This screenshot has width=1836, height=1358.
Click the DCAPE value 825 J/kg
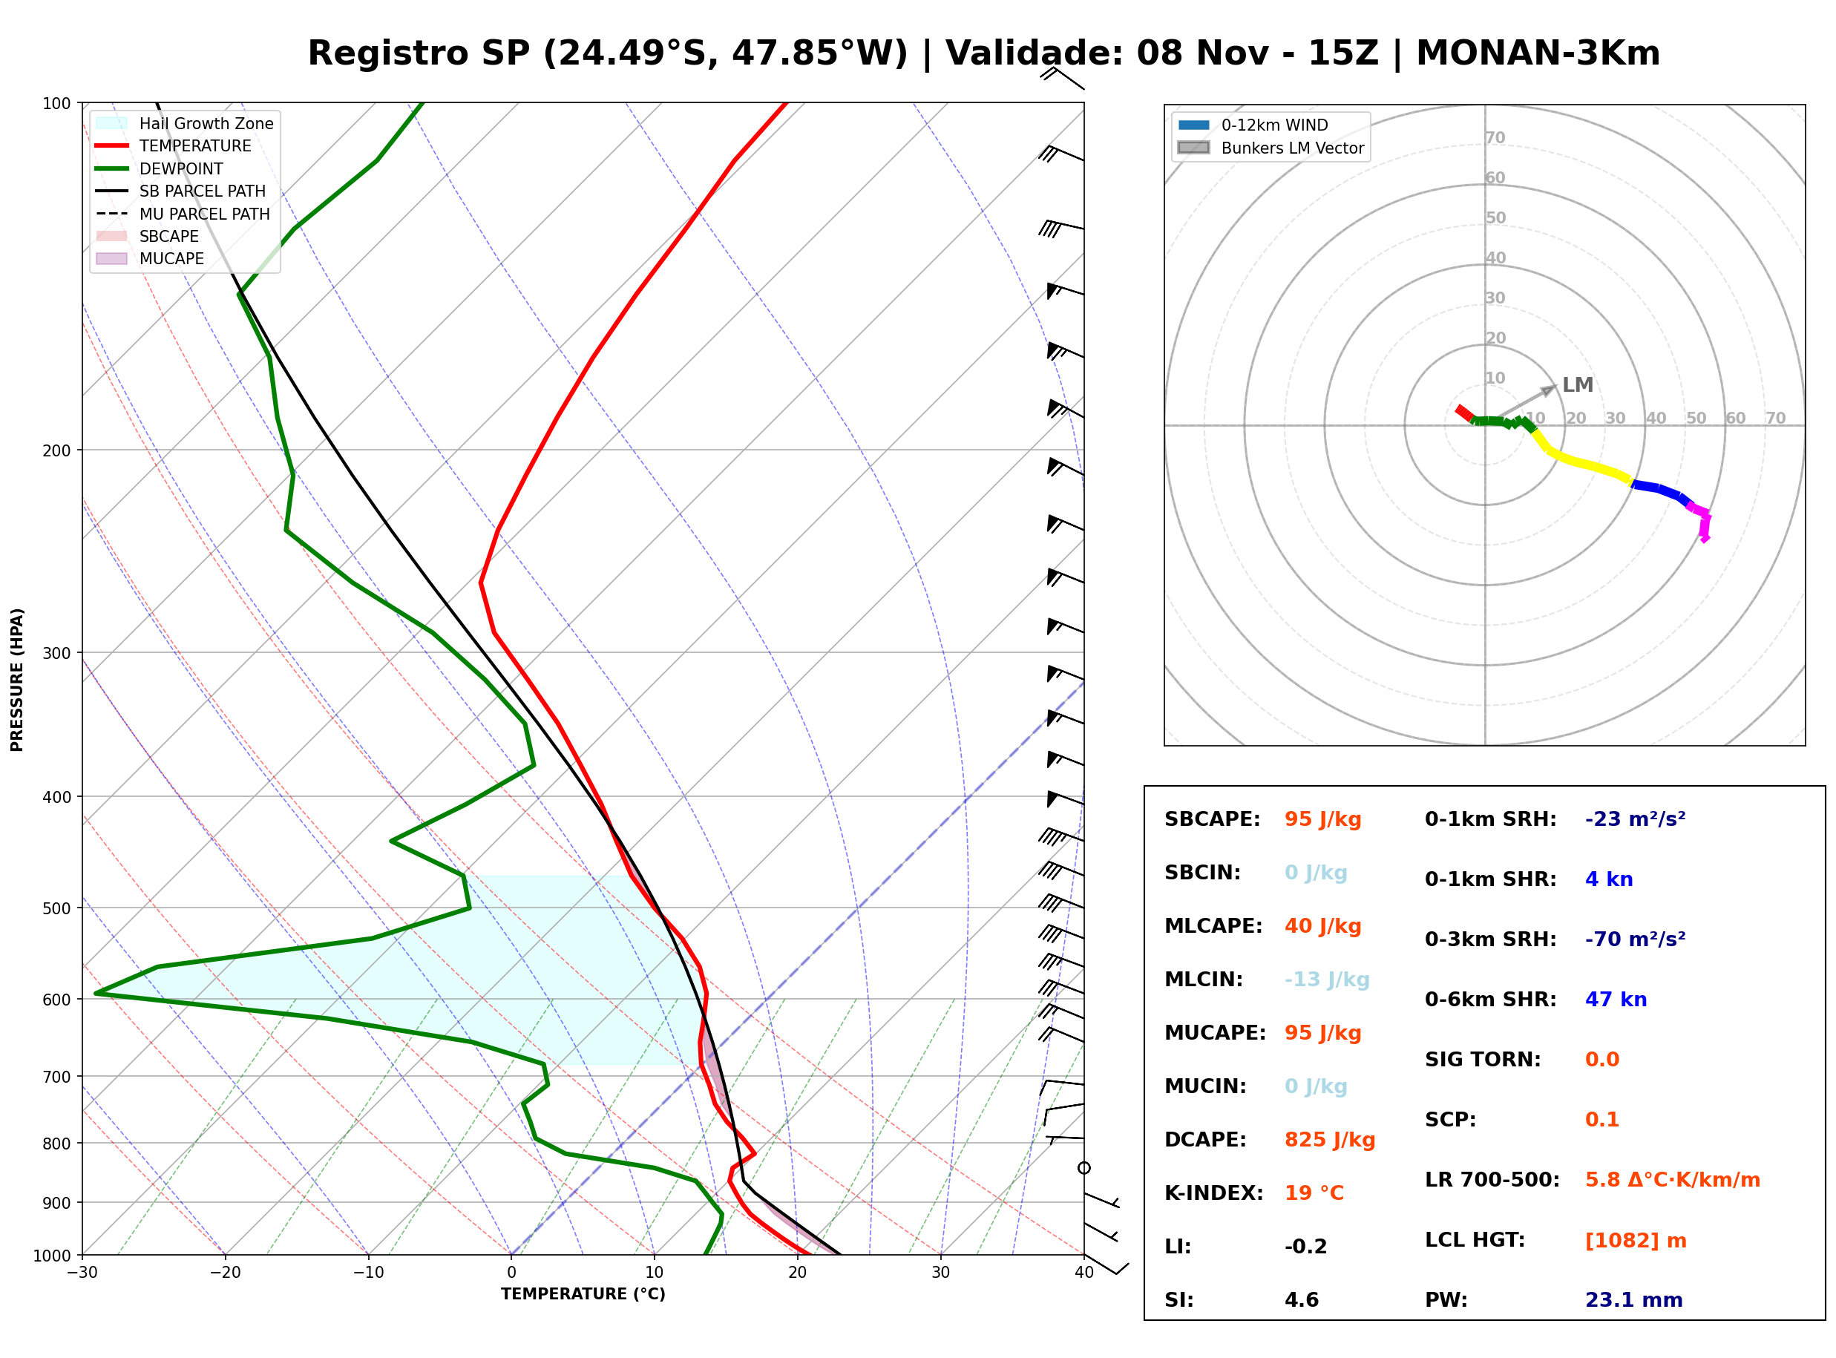point(1329,1139)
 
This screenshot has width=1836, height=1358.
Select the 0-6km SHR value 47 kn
point(1615,999)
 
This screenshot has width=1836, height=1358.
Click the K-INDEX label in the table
point(1213,1193)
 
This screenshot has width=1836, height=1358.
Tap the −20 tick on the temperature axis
point(225,1272)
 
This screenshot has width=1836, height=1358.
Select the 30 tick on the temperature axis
point(940,1272)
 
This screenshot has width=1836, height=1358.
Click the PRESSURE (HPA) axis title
point(17,679)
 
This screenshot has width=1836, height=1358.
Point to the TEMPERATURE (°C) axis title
point(583,1294)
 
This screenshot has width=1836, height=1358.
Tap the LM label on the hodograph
point(1577,384)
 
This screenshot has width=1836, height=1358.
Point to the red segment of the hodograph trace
point(1464,413)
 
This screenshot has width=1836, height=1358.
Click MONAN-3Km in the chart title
point(1538,53)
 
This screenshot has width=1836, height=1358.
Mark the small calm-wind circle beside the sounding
point(1084,1168)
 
